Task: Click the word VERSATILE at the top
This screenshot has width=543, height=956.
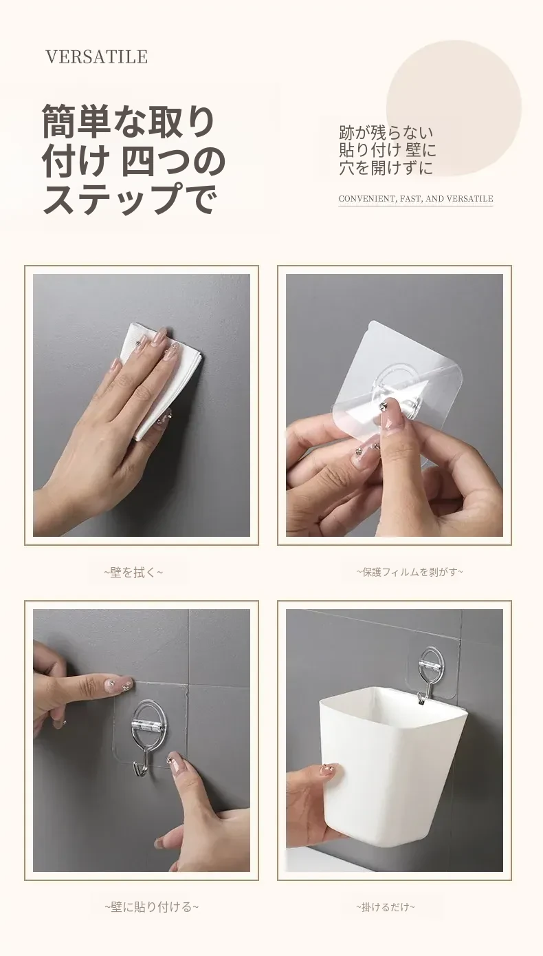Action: pyautogui.click(x=97, y=56)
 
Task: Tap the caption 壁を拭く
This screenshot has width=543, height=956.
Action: pyautogui.click(x=133, y=573)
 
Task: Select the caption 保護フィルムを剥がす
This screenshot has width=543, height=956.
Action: pyautogui.click(x=410, y=572)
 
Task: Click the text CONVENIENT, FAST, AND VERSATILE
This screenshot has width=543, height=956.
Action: pyautogui.click(x=416, y=198)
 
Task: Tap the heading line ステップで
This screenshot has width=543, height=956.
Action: pyautogui.click(x=130, y=198)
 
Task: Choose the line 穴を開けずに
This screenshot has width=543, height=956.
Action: pyautogui.click(x=386, y=168)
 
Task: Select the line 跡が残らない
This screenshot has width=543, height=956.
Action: pyautogui.click(x=386, y=133)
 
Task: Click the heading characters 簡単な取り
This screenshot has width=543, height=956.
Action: pyautogui.click(x=128, y=122)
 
